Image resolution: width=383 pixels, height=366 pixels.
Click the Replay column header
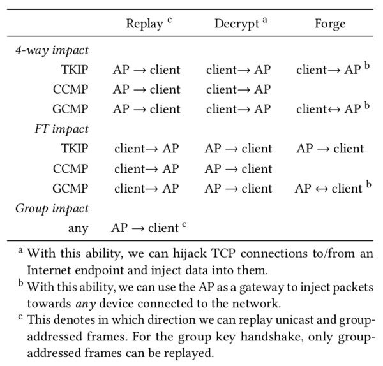pyautogui.click(x=149, y=24)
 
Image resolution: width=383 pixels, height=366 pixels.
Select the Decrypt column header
pyautogui.click(x=241, y=24)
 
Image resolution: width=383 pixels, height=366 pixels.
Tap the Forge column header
pyautogui.click(x=330, y=24)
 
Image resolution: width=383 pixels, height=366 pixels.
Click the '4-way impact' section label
pyautogui.click(x=52, y=50)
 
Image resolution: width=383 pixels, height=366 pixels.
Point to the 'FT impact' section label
pyautogui.click(x=61, y=129)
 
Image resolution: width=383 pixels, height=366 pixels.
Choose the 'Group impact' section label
pyautogui.click(x=52, y=209)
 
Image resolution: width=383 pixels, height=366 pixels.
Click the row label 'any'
pyautogui.click(x=78, y=229)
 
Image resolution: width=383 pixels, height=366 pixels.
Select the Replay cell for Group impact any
pyautogui.click(x=149, y=228)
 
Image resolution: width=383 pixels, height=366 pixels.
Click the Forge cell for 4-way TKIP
pyautogui.click(x=333, y=69)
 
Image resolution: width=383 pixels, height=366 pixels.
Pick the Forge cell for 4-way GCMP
pyautogui.click(x=333, y=108)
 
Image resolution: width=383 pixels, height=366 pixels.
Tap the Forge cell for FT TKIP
pyautogui.click(x=330, y=149)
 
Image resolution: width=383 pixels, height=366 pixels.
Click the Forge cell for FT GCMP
pyautogui.click(x=333, y=188)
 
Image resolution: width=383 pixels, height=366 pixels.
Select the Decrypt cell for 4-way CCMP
pyautogui.click(x=238, y=89)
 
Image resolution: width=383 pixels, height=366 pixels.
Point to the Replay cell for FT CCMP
pyautogui.click(x=147, y=168)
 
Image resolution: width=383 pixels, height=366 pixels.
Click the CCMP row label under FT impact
pyautogui.click(x=71, y=169)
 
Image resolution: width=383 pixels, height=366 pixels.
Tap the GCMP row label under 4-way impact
pyautogui.click(x=70, y=109)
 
